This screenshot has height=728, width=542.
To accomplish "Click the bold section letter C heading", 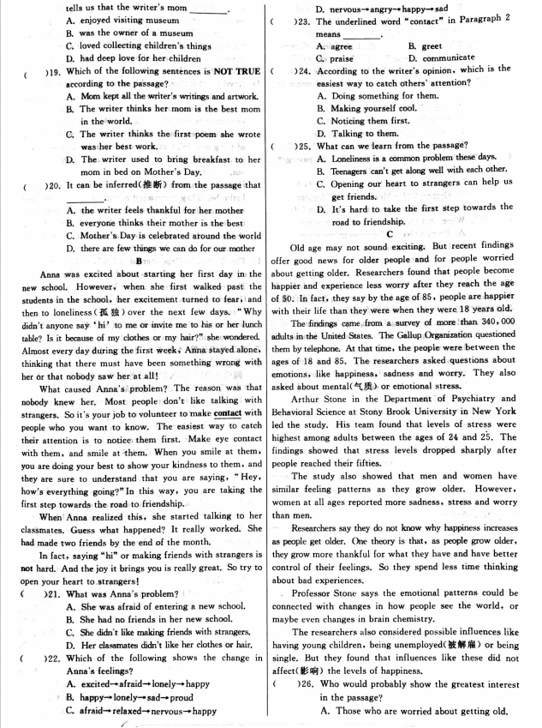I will tap(389, 232).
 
